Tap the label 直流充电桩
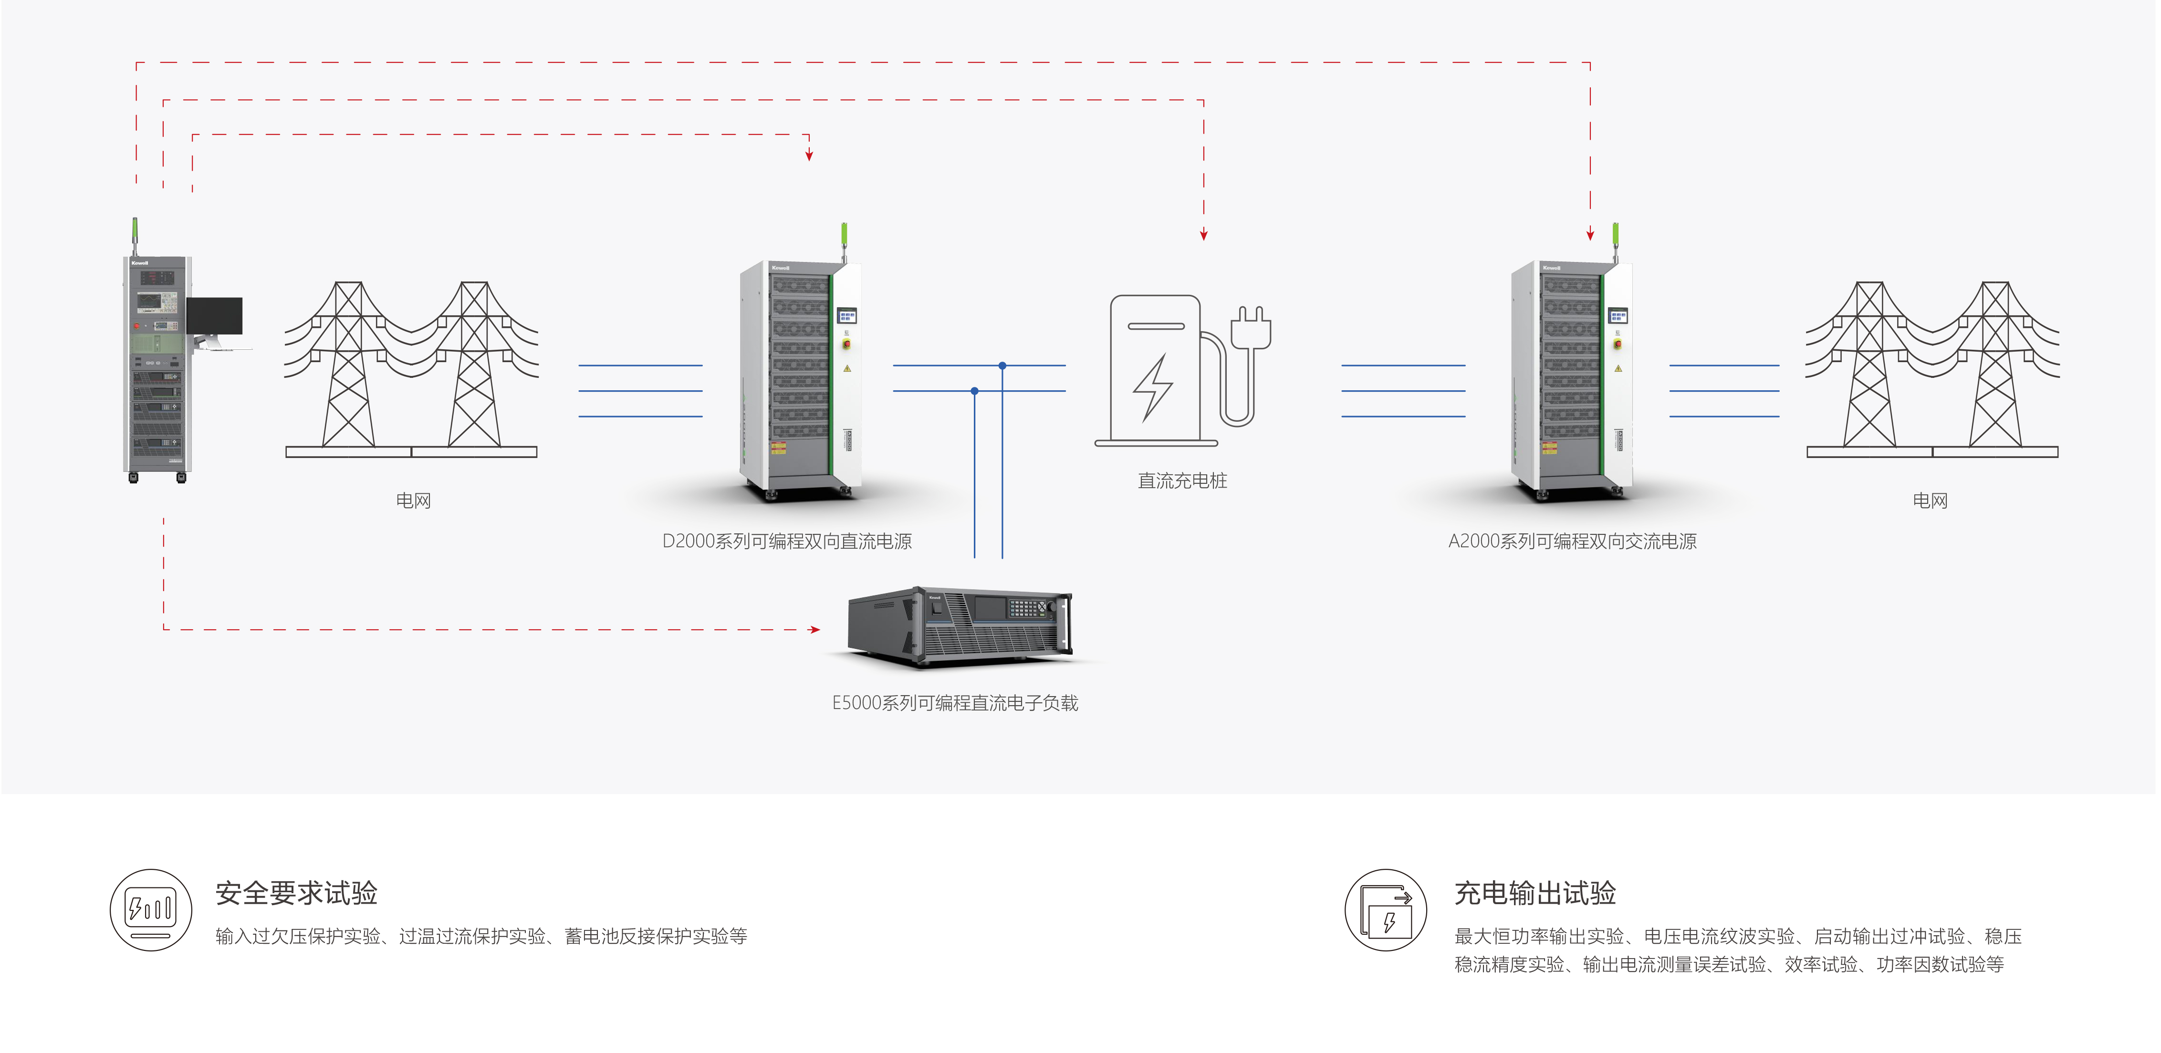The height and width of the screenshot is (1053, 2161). tap(1182, 481)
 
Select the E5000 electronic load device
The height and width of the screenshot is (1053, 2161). tap(960, 625)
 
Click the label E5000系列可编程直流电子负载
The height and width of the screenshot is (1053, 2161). tap(955, 703)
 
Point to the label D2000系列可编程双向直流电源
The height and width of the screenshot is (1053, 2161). tap(787, 541)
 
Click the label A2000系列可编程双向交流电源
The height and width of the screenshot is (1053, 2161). tap(1572, 541)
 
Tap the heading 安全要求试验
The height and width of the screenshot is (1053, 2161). tap(296, 893)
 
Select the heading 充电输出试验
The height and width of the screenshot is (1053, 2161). tap(1535, 893)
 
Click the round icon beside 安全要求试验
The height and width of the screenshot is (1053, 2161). tap(151, 909)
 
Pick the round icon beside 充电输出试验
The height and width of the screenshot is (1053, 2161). tap(1386, 909)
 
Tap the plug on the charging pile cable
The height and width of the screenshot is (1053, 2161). tap(1251, 327)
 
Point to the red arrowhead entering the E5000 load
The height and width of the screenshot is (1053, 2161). tap(815, 629)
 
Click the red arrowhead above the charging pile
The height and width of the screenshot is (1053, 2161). tap(1204, 235)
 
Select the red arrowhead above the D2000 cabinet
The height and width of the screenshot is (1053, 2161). tap(809, 155)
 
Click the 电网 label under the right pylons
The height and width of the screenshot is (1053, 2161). tap(1930, 501)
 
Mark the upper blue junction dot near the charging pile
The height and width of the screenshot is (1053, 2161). tap(1002, 366)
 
